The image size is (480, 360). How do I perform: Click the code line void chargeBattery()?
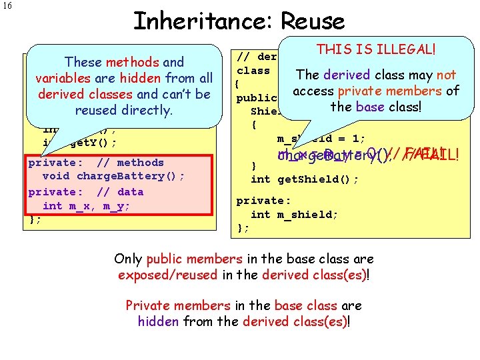tap(113, 176)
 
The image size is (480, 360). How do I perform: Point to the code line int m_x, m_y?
tap(86, 205)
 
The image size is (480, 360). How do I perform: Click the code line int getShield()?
tap(305, 179)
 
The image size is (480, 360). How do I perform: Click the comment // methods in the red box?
tap(130, 162)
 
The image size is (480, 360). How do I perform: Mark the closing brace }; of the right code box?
tap(243, 227)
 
